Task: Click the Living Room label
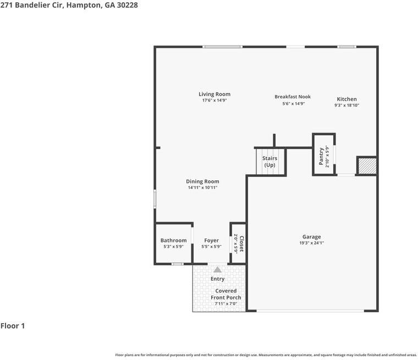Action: click(215, 94)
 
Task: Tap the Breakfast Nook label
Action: click(293, 97)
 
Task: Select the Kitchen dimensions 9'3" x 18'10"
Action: click(346, 105)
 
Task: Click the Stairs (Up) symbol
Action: click(269, 162)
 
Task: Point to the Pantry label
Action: click(322, 156)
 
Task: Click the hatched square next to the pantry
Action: click(367, 165)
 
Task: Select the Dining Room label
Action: click(202, 181)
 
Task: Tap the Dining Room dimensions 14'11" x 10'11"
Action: click(202, 188)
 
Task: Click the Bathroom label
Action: click(173, 240)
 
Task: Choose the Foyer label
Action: click(211, 240)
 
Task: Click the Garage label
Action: click(311, 237)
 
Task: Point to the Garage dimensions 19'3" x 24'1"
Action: click(311, 243)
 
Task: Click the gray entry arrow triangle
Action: click(218, 269)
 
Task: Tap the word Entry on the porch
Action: click(218, 279)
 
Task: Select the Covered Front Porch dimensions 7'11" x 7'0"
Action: click(226, 304)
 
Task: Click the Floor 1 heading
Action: click(13, 326)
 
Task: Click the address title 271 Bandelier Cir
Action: click(69, 5)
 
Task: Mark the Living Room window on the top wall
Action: click(222, 47)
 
